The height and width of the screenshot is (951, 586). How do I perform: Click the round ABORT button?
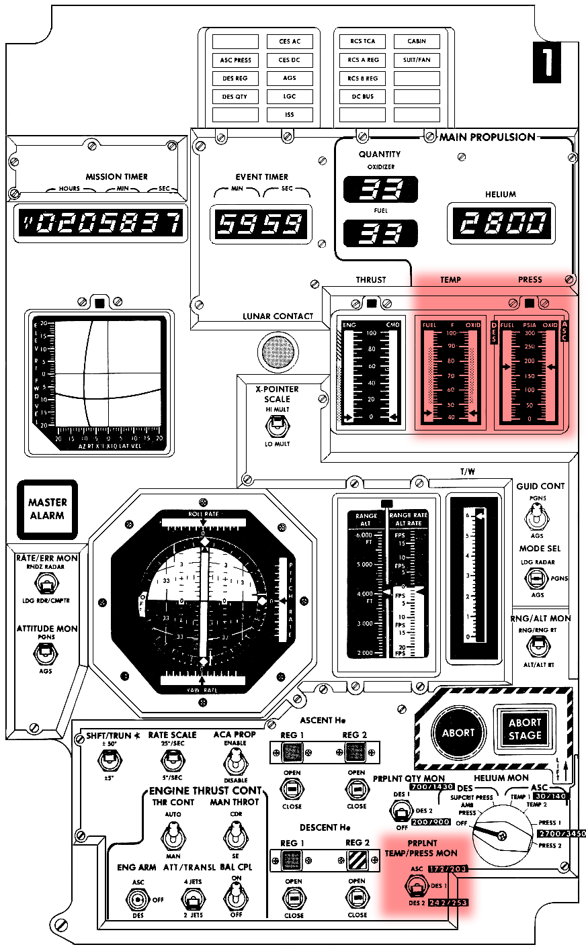point(458,733)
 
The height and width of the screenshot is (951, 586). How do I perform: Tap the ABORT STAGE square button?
point(525,729)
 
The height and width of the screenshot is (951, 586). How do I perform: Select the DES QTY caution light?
point(235,97)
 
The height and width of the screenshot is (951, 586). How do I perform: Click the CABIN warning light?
point(417,42)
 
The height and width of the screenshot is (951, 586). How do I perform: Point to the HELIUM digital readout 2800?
point(501,223)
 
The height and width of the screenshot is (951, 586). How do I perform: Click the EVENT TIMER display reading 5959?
point(261,224)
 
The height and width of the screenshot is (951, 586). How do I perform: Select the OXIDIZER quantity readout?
point(381,190)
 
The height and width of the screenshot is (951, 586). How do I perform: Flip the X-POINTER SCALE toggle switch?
point(276,424)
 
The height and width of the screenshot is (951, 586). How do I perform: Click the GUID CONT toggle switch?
point(536,518)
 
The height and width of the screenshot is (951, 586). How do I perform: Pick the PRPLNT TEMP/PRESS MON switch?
point(415,887)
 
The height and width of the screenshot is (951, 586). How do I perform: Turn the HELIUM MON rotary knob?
point(500,835)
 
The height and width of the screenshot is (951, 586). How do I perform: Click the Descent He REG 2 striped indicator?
point(356,860)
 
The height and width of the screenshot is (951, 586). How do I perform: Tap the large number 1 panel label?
point(547,62)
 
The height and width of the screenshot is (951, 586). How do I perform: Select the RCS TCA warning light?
point(362,42)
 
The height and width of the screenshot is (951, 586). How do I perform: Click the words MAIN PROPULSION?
point(487,137)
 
